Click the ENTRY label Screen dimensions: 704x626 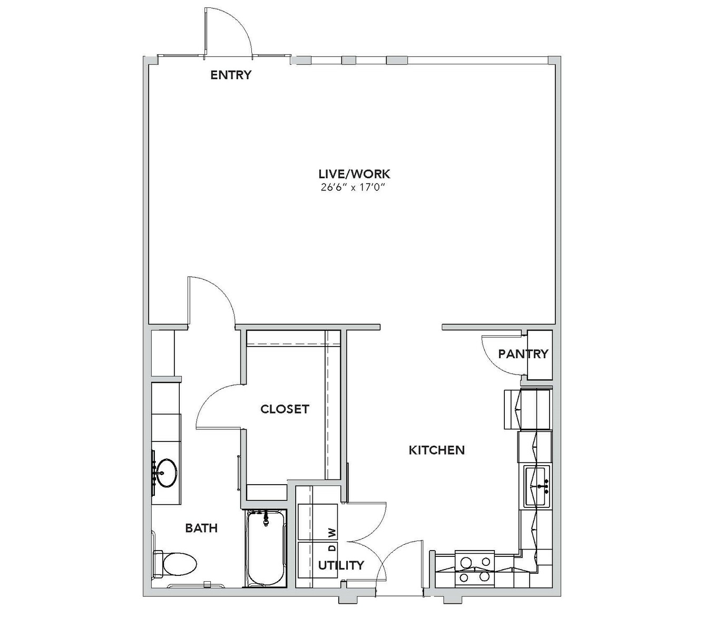click(x=231, y=75)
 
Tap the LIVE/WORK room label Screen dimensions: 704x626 click(x=355, y=174)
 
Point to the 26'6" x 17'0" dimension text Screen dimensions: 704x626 click(x=354, y=188)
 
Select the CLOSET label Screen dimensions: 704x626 click(x=285, y=409)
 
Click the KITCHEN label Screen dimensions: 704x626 click(x=437, y=450)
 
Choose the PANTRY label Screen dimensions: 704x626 click(x=523, y=354)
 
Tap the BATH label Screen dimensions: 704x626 click(x=201, y=528)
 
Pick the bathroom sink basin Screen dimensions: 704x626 click(x=166, y=473)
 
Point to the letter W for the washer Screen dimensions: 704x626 click(x=333, y=532)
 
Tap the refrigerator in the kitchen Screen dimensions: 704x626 click(x=527, y=409)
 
